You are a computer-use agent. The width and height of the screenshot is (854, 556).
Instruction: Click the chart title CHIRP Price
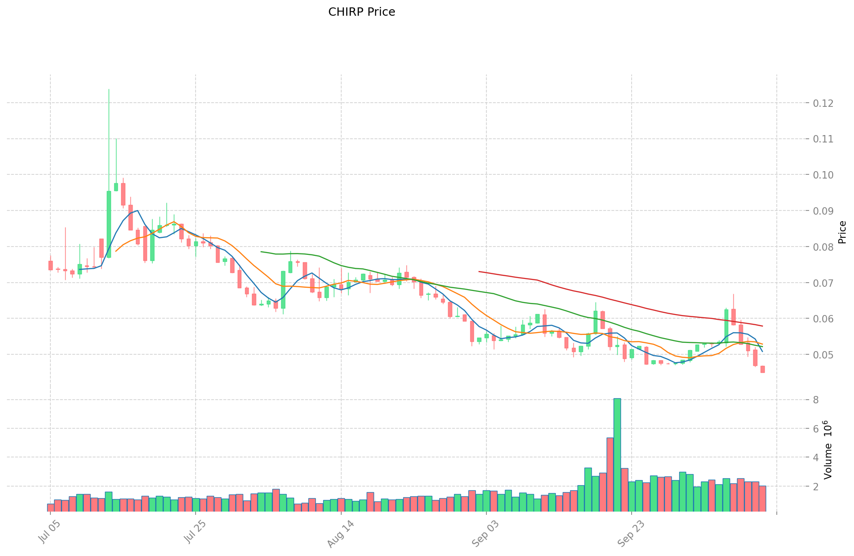[x=362, y=12]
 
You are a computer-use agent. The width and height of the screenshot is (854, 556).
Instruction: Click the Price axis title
[x=842, y=232]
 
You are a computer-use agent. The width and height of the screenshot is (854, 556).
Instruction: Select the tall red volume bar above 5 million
[x=610, y=474]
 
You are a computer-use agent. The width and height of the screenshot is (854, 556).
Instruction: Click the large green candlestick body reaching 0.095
[x=109, y=224]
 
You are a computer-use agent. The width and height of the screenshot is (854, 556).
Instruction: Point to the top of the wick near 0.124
[x=109, y=89]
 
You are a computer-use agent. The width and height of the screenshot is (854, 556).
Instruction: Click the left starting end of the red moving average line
[x=479, y=272]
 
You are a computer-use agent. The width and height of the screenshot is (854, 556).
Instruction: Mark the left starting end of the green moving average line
[x=261, y=252]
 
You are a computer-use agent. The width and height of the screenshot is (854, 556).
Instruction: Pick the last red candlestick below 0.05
[x=762, y=369]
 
